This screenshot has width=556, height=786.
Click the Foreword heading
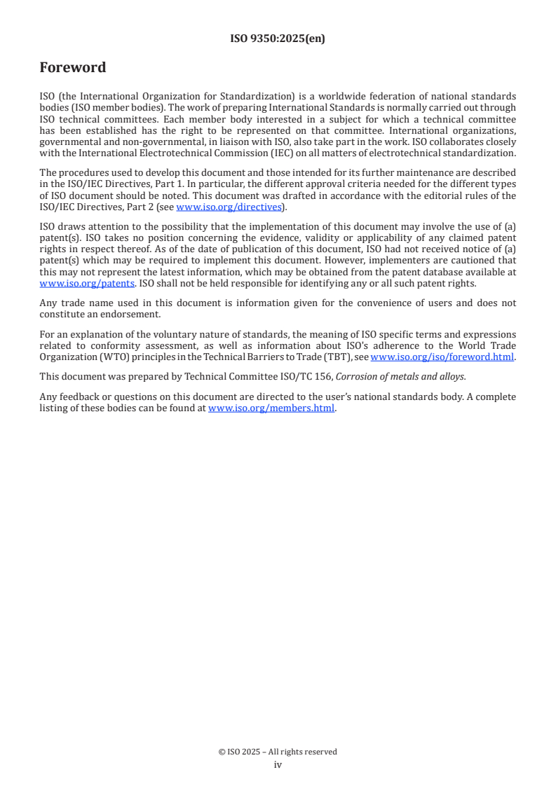point(73,68)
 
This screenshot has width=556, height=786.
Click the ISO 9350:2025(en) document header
point(278,39)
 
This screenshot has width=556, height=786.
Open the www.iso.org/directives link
point(229,207)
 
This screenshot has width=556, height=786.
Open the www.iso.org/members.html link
point(271,408)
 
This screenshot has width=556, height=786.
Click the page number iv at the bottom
point(278,764)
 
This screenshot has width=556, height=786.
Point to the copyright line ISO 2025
point(278,752)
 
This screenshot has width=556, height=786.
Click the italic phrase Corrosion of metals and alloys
point(400,376)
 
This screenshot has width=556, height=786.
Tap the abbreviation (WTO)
point(100,357)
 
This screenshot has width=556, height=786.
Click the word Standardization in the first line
point(221,95)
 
